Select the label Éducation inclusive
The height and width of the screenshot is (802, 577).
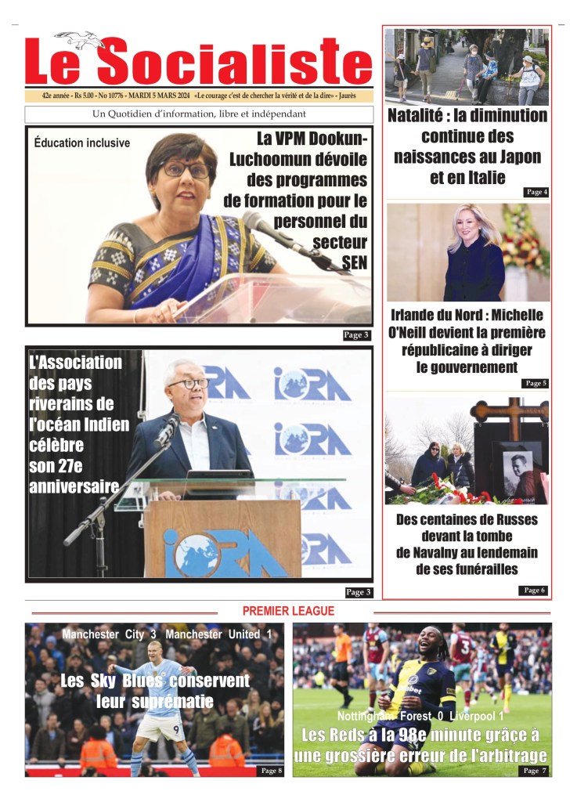coord(82,143)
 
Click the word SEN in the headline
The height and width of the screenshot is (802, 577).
coord(354,261)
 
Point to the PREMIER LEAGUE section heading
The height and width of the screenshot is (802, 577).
coord(288,611)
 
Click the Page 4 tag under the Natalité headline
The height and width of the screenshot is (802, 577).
coord(536,192)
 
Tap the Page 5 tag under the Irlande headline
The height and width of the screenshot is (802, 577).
coord(536,383)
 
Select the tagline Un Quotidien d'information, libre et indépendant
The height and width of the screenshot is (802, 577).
coord(199,114)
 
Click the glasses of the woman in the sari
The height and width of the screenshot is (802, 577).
coord(186,168)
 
